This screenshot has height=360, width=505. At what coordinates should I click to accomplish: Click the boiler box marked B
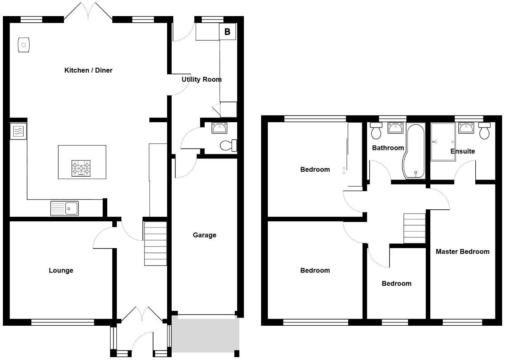click(x=227, y=31)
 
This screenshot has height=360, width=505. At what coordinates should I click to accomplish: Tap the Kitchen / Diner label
click(x=88, y=70)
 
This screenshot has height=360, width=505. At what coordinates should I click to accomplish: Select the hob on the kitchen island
click(x=81, y=168)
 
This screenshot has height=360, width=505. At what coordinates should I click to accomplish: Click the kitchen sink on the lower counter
click(x=64, y=208)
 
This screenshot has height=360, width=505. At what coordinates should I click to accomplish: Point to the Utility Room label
click(x=201, y=79)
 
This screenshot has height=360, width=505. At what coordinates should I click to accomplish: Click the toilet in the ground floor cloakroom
click(x=228, y=145)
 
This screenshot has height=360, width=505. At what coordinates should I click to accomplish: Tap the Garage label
click(x=204, y=235)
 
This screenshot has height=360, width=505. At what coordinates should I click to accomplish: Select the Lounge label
click(x=61, y=270)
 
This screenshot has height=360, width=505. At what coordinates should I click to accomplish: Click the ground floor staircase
click(x=155, y=244)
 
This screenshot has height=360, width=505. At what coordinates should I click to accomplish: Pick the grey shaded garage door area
click(x=205, y=334)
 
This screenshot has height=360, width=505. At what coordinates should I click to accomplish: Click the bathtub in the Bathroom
click(x=414, y=151)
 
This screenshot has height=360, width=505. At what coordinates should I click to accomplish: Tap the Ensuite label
click(x=463, y=151)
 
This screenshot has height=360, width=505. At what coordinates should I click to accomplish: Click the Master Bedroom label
click(x=463, y=251)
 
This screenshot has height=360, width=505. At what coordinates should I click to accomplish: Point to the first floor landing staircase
click(x=414, y=228)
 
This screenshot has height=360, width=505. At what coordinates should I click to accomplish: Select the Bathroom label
click(x=388, y=147)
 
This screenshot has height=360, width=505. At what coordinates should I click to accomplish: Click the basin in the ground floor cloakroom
click(x=219, y=128)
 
